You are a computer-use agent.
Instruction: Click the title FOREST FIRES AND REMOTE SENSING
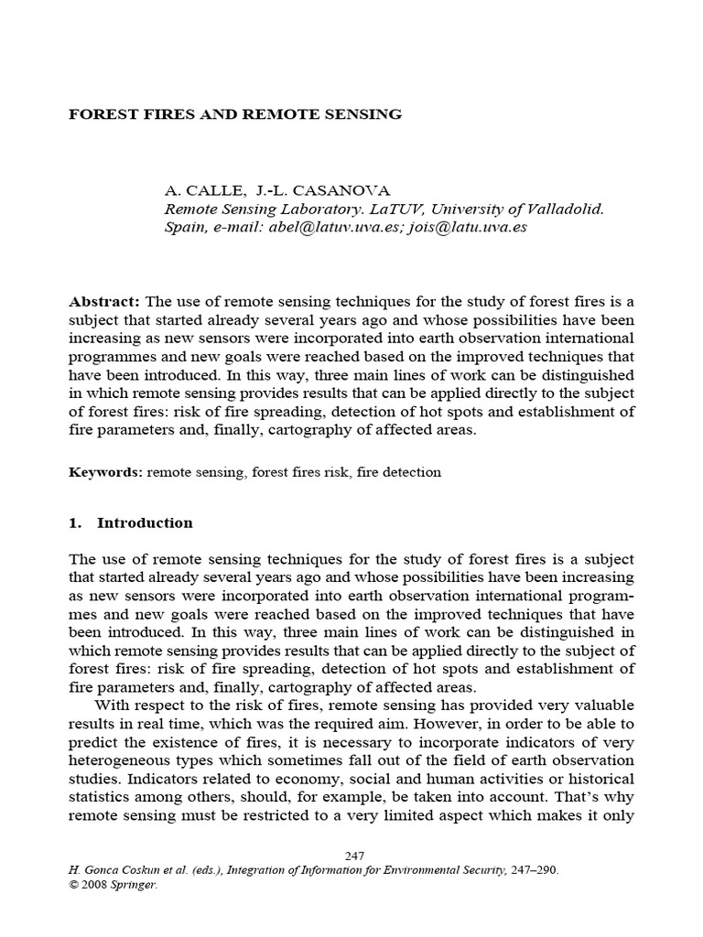pos(236,114)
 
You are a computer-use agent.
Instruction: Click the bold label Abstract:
pos(104,302)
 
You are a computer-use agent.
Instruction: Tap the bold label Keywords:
pos(105,472)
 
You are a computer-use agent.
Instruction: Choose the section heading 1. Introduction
pos(131,523)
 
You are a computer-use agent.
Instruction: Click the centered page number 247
pos(355,856)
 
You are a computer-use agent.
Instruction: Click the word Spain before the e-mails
pos(184,227)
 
